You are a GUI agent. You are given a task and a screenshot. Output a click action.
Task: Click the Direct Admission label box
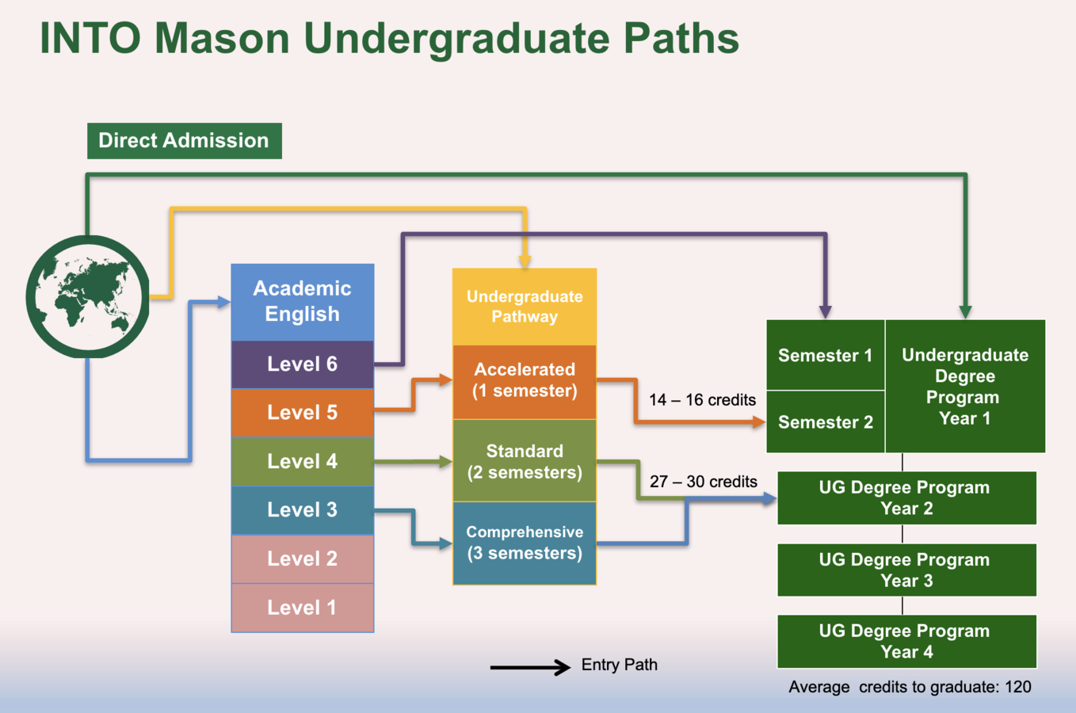[185, 141]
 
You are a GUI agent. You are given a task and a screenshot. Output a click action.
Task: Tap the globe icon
[87, 297]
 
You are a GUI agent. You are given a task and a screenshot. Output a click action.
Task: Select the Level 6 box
[303, 364]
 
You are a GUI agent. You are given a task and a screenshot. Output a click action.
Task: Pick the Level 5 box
[303, 413]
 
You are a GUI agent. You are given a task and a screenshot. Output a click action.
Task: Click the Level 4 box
[303, 461]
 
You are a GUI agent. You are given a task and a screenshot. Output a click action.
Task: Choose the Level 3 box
[303, 510]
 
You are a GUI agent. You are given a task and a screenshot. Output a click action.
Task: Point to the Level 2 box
[303, 559]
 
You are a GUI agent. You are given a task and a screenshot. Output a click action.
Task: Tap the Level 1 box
[303, 608]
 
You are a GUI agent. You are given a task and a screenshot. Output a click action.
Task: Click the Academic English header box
[303, 302]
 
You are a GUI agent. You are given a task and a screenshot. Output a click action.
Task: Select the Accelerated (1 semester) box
[525, 382]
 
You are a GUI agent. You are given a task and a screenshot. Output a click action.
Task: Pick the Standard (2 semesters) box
[525, 461]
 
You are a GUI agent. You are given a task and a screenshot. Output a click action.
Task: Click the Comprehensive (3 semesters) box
[525, 543]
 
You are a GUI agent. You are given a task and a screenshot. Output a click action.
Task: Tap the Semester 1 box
[826, 355]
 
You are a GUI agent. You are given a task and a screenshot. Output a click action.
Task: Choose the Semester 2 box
[826, 421]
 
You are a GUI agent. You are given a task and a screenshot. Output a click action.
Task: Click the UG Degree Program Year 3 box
[907, 570]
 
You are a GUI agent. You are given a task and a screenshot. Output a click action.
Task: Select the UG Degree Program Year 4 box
[907, 642]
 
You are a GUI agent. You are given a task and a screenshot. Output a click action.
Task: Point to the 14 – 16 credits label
[702, 399]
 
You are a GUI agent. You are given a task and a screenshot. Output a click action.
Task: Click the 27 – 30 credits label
[704, 481]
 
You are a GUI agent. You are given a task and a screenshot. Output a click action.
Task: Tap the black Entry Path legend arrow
[530, 667]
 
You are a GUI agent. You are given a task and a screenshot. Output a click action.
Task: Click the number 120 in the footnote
[1018, 687]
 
